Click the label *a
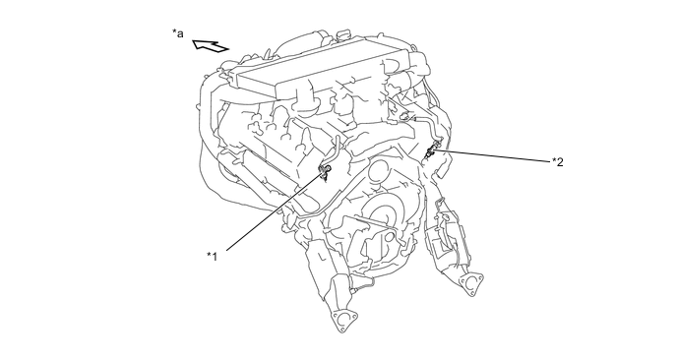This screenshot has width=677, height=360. [x=178, y=33]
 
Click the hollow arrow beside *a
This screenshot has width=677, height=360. [x=212, y=44]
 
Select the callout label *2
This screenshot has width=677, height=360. [x=557, y=161]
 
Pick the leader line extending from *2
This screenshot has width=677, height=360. [x=492, y=155]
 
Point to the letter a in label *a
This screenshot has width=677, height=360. [x=181, y=34]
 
